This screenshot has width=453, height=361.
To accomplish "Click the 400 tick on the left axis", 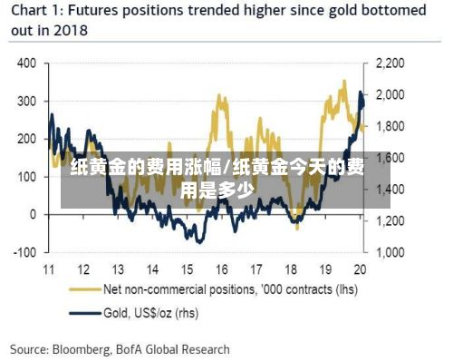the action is (26, 63).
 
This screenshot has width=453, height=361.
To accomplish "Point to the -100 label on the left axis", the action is (24, 252).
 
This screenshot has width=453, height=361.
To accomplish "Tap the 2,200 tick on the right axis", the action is (390, 63).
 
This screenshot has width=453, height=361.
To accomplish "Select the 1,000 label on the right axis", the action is (390, 252).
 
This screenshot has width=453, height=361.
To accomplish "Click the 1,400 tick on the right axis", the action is (390, 190).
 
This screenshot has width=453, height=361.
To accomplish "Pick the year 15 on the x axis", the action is (187, 269).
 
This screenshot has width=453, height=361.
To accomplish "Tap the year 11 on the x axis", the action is (49, 269).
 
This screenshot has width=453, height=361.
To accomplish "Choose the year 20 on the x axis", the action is (360, 269).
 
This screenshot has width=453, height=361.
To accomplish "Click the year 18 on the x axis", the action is (291, 269).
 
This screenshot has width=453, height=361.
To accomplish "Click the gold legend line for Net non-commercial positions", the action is (85, 289).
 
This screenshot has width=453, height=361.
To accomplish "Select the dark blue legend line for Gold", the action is (85, 313).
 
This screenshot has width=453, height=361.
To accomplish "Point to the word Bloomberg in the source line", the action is (82, 349).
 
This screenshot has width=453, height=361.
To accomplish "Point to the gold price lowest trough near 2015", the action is (199, 242).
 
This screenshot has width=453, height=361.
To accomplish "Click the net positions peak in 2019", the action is (344, 81).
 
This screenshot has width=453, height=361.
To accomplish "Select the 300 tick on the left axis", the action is (26, 102).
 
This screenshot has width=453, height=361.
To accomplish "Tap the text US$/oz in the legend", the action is (153, 313).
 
